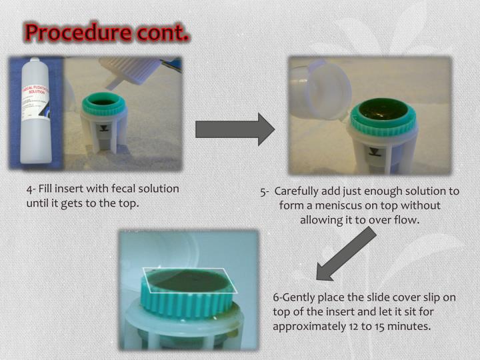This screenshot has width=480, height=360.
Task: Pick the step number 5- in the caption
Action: [265, 192]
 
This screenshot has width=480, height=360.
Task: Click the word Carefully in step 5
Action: [301, 192]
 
